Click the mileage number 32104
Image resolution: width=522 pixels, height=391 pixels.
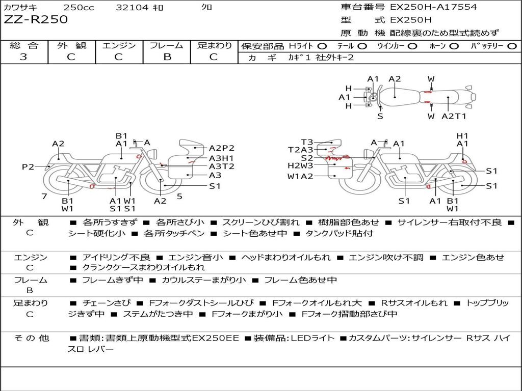coord(132,8)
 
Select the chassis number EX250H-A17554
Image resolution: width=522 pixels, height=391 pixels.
coord(433,7)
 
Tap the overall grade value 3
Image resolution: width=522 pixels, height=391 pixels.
coord(23,57)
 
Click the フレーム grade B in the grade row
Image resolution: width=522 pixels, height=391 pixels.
coord(167,57)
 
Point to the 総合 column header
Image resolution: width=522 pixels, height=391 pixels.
coord(23,46)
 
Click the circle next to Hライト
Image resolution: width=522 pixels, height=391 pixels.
coord(323,46)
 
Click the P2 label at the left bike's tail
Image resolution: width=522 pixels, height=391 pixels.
coord(28,167)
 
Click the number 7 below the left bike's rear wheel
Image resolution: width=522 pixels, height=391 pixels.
coord(44,196)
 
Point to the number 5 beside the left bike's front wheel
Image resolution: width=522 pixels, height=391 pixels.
coord(179,196)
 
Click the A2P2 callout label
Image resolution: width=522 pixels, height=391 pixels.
coord(222,148)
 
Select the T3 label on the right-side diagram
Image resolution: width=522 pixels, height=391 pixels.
coord(307,143)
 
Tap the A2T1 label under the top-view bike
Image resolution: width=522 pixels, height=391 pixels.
coord(454,117)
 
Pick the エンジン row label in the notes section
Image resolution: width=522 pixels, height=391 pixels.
coord(30,258)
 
